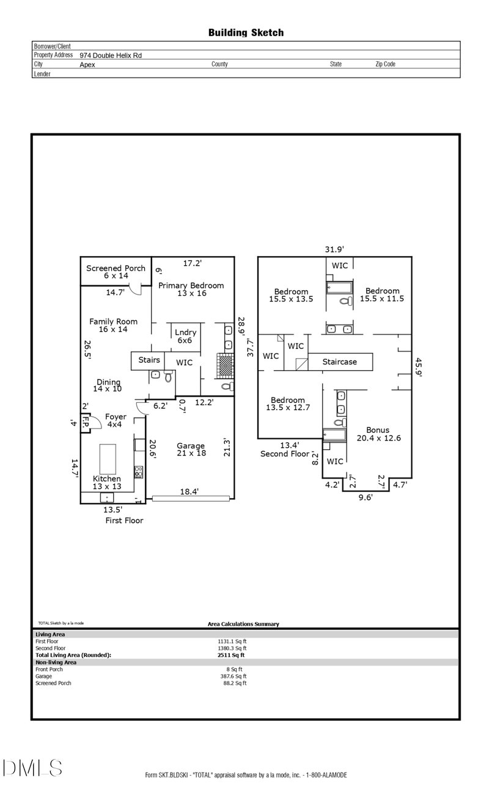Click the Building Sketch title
[246, 32]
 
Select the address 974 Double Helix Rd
[111, 55]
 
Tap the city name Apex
[87, 64]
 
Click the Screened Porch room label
[116, 271]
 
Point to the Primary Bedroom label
[191, 289]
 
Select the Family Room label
[113, 325]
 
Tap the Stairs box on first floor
[149, 361]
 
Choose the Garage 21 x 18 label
[191, 450]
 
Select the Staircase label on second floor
[340, 362]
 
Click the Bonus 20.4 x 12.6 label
[377, 433]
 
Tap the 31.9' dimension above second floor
[334, 249]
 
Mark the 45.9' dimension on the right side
[418, 369]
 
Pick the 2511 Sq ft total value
[227, 655]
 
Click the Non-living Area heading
[56, 662]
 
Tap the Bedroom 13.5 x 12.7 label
[288, 404]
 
